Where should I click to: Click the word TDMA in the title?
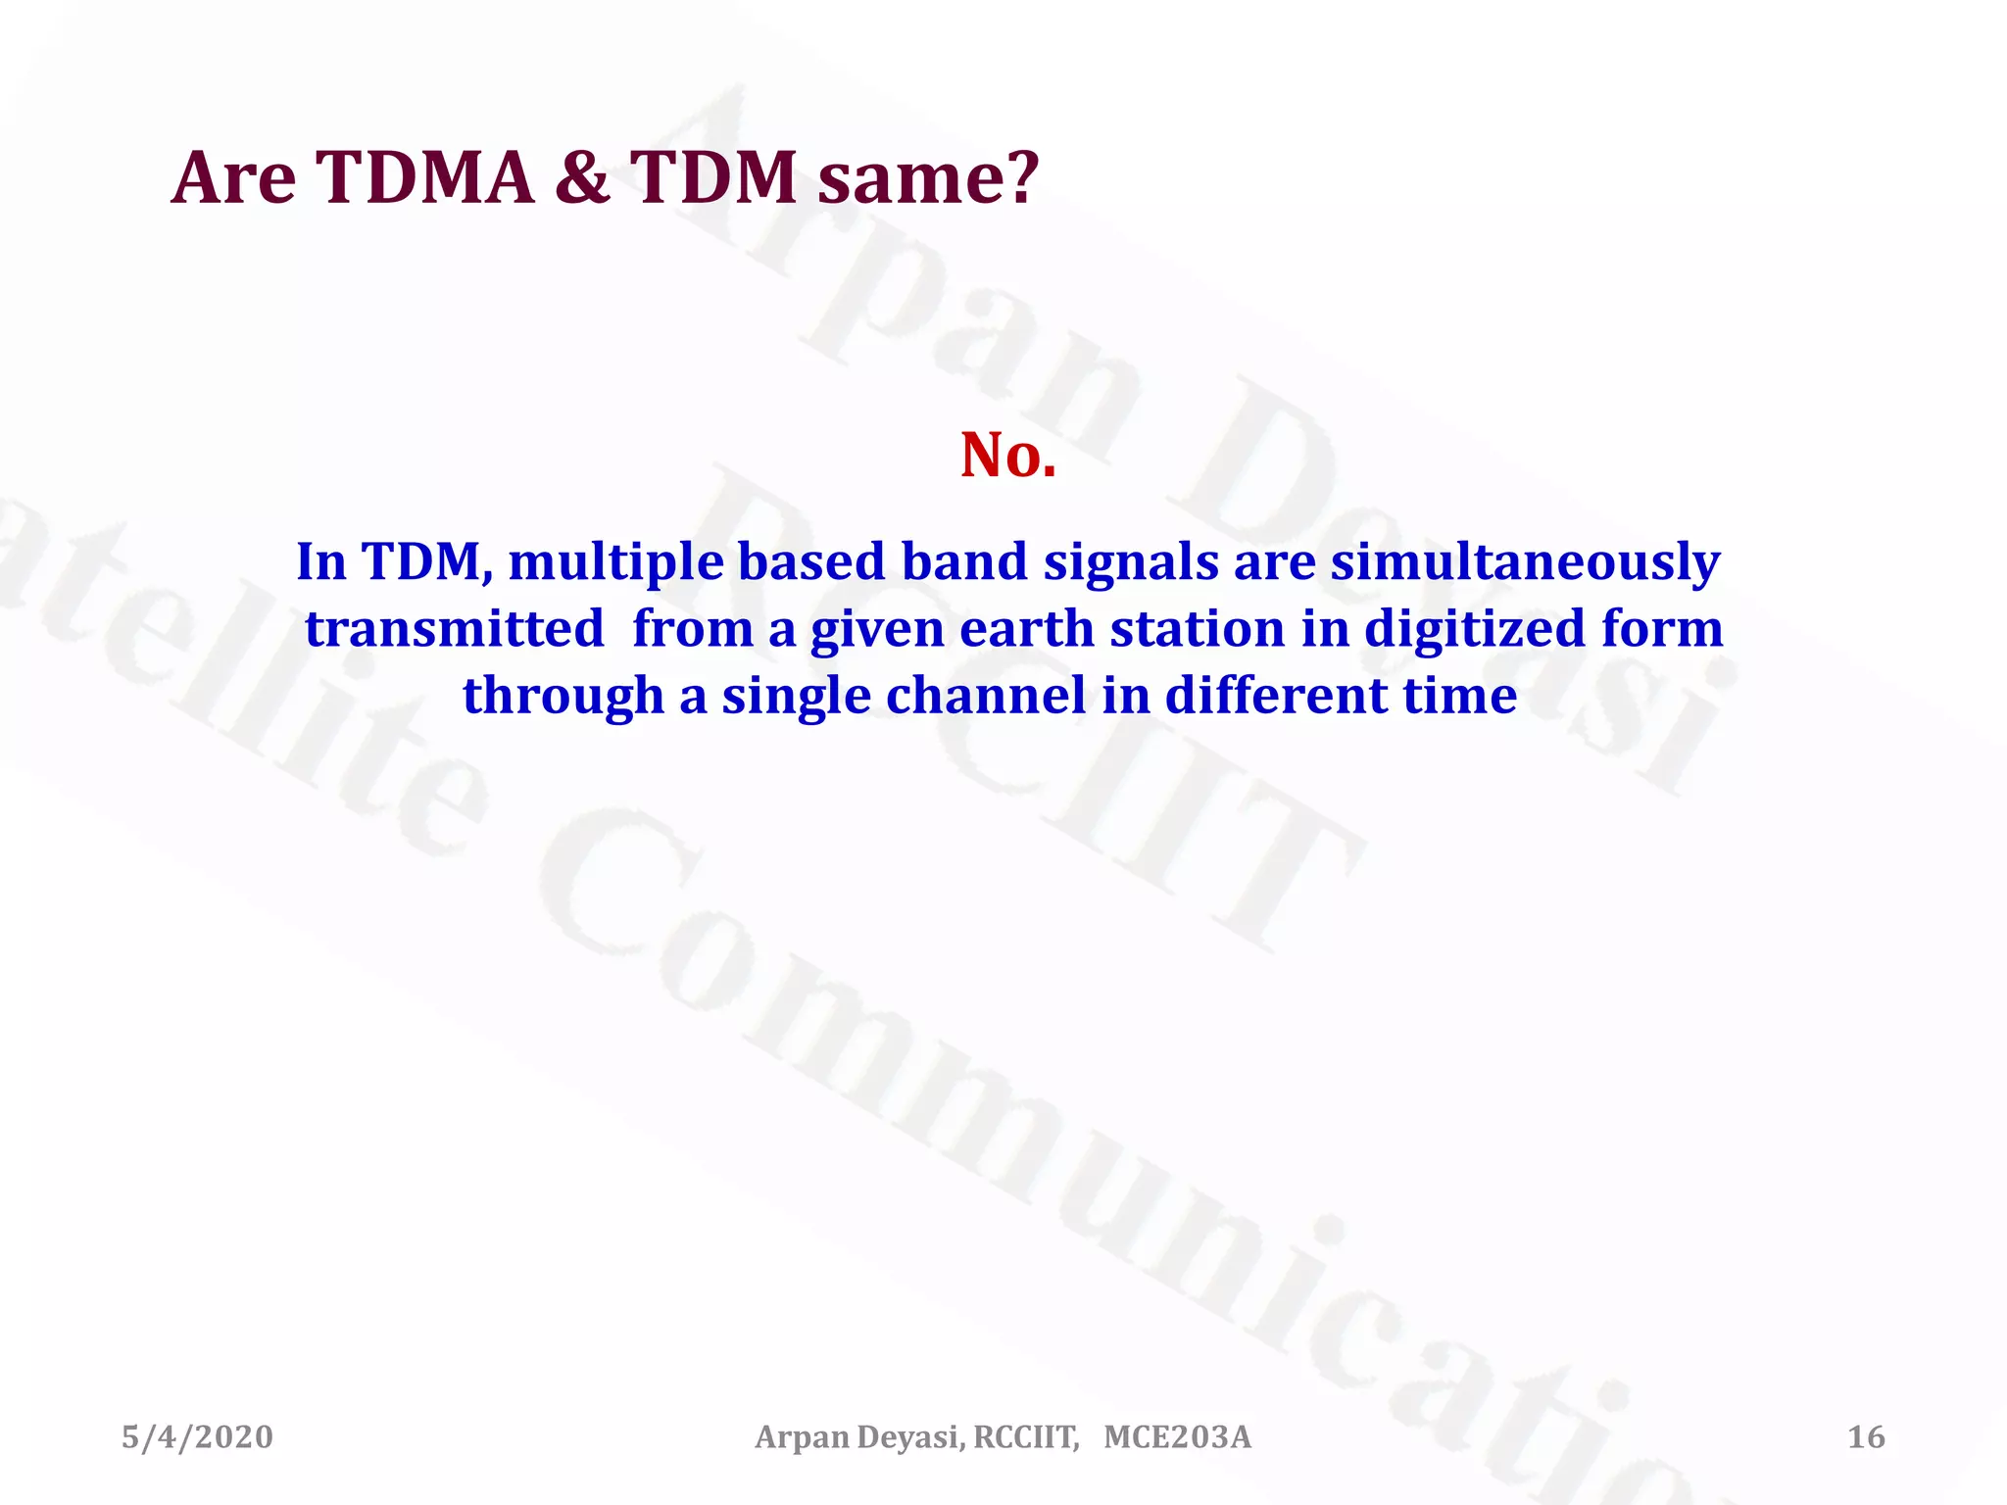point(425,178)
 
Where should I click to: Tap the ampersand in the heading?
point(582,178)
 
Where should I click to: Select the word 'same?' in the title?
point(927,178)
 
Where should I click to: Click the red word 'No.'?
point(1008,456)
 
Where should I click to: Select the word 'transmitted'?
point(454,629)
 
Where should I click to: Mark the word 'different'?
point(1275,696)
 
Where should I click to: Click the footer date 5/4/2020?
point(197,1437)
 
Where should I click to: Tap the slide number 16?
point(1866,1437)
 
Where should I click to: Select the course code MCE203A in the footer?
point(1177,1437)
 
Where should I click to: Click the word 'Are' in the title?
point(233,178)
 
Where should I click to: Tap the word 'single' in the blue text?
point(796,698)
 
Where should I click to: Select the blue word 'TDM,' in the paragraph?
point(427,562)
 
